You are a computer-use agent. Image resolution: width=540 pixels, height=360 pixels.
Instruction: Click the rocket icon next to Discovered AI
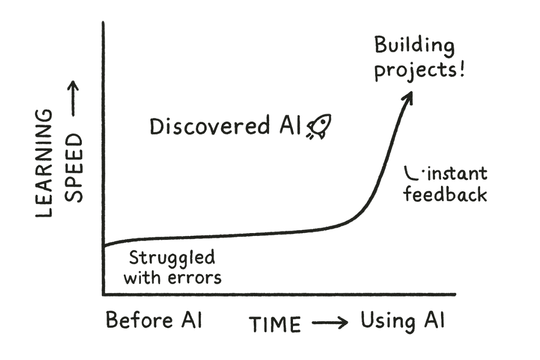319,126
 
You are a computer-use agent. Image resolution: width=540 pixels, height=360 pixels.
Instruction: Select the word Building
414,46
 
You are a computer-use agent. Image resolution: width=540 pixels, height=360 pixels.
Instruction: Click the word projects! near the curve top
419,71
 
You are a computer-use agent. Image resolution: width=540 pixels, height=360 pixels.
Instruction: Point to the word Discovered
209,126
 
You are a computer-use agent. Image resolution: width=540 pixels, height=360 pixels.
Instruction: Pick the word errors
194,278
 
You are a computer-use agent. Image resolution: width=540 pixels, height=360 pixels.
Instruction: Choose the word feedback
445,195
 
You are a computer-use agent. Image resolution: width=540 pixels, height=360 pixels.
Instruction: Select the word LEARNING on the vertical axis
44,163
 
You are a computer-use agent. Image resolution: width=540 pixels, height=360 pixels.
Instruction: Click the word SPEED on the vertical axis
73,168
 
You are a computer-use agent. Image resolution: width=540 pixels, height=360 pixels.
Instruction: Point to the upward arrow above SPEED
73,99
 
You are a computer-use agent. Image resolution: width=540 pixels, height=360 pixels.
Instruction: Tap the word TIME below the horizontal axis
275,324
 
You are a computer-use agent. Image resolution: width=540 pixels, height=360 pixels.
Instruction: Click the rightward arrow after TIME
330,323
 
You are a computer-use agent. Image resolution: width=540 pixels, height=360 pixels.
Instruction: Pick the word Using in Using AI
388,322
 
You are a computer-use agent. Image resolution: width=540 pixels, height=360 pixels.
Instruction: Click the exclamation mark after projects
462,69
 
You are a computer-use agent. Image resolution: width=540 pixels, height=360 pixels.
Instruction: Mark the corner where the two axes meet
103,294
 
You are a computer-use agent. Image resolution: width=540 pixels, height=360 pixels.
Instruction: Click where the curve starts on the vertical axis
104,246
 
